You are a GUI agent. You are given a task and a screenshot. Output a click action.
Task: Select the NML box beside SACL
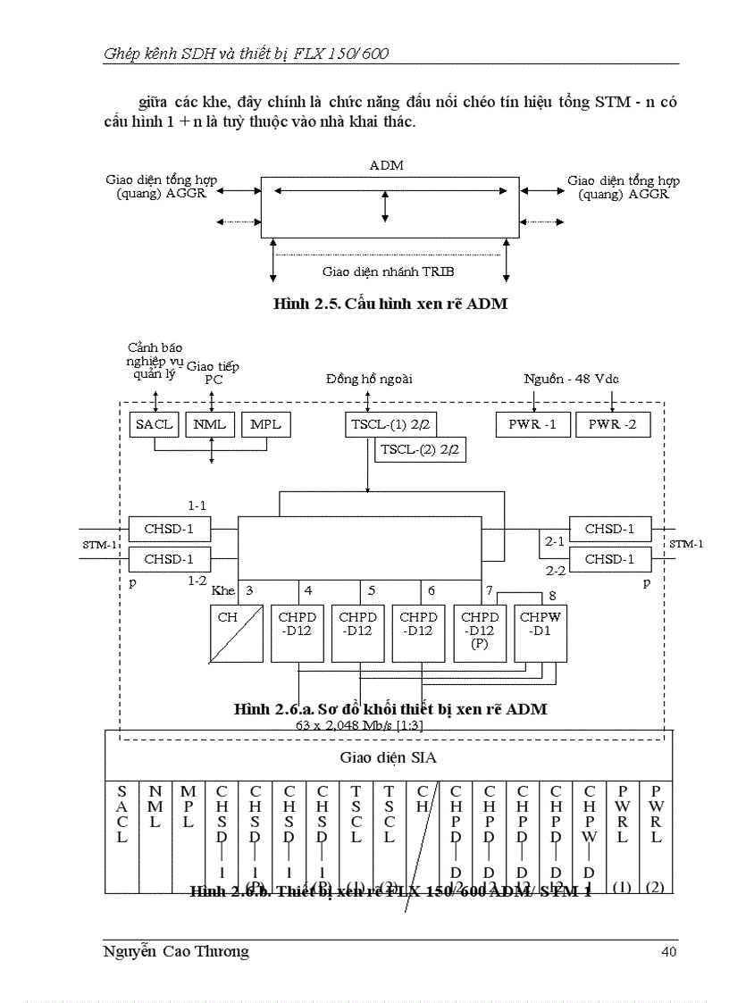point(211,424)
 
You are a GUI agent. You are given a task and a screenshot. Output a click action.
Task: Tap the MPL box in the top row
point(266,424)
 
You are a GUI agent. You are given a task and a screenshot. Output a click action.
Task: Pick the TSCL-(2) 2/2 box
point(420,450)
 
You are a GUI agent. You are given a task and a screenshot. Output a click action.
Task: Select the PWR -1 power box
point(532,424)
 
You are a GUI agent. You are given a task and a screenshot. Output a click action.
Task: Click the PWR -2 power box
point(612,424)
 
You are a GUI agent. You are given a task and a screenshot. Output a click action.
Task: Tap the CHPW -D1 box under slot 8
point(540,630)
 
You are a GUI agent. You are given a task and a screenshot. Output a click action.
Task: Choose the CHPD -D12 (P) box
point(480,630)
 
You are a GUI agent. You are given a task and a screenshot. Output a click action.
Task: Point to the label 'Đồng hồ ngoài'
point(369,379)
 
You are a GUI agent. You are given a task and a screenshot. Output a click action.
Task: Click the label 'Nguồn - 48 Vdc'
point(571,379)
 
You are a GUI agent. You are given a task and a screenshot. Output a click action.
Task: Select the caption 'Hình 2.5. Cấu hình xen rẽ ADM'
point(390,304)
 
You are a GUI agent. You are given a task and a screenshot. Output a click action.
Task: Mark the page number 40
point(668,951)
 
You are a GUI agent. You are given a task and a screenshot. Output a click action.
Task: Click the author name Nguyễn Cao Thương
point(176,951)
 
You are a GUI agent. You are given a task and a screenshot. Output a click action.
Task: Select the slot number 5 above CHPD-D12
point(371,589)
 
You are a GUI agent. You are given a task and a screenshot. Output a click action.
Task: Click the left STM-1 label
point(94,544)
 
